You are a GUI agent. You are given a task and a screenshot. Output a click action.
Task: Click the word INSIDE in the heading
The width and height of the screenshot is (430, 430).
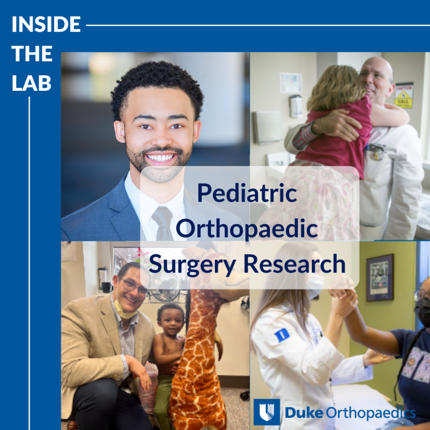point(46,25)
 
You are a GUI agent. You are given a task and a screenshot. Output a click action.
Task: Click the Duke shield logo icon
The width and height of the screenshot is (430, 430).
point(267,412)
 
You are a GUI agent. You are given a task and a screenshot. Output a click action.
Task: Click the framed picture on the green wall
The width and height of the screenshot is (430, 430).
point(379,277)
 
